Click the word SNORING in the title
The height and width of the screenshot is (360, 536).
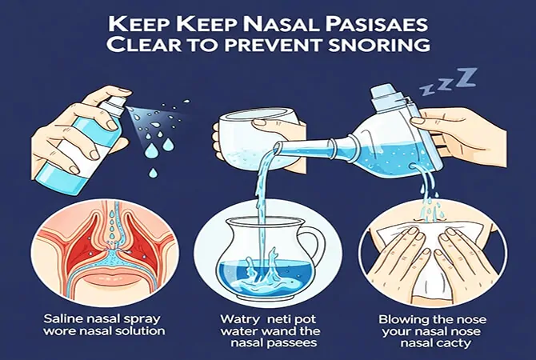click(378, 45)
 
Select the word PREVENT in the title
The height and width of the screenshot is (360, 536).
click(271, 45)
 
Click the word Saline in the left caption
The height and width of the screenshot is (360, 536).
click(62, 318)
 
